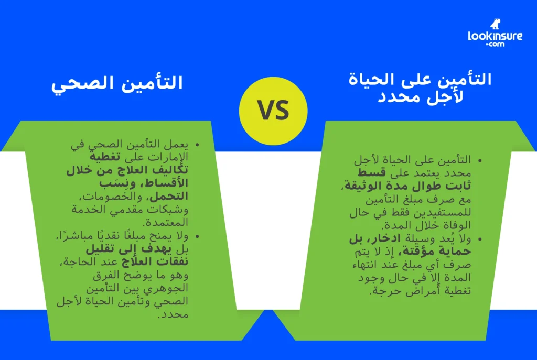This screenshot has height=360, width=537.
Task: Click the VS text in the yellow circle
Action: (273, 111)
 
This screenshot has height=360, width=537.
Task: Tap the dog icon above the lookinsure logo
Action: (495, 24)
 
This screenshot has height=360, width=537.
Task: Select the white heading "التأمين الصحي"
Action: (117, 83)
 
